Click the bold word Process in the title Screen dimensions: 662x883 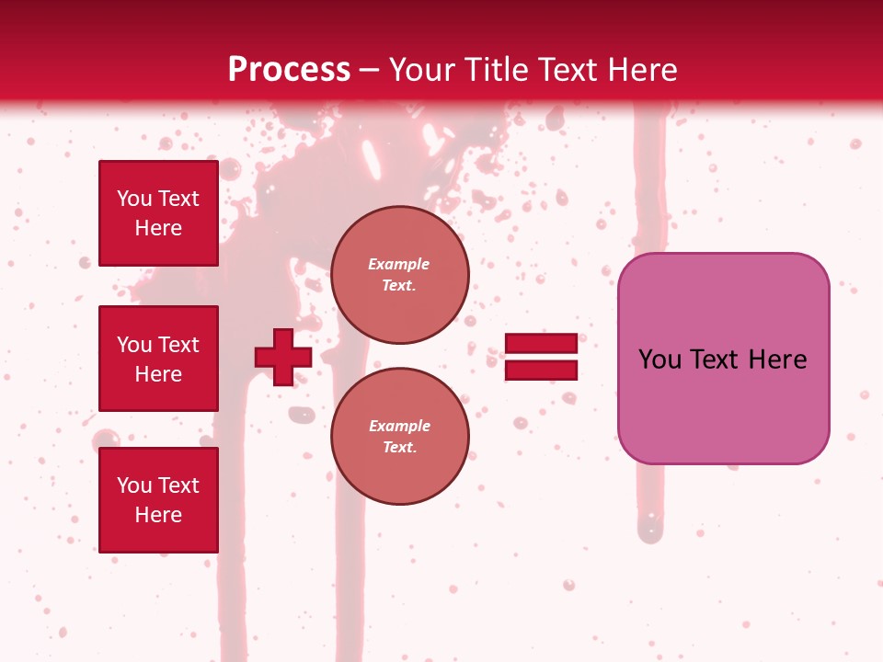point(289,70)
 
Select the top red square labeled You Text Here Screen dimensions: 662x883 point(158,213)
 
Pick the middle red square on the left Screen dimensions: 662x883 point(158,359)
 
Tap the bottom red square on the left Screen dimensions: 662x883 point(158,500)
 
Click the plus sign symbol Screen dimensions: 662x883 point(283,357)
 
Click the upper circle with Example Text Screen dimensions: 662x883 point(400,275)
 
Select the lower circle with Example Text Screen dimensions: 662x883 point(400,437)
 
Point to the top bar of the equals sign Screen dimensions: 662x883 point(541,344)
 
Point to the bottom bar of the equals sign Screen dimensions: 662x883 point(541,371)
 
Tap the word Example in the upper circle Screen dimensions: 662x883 point(399,264)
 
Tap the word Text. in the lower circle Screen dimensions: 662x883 point(399,448)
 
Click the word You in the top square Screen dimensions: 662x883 point(134,199)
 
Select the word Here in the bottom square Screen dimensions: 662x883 point(158,515)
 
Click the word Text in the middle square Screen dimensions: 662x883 point(178,345)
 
